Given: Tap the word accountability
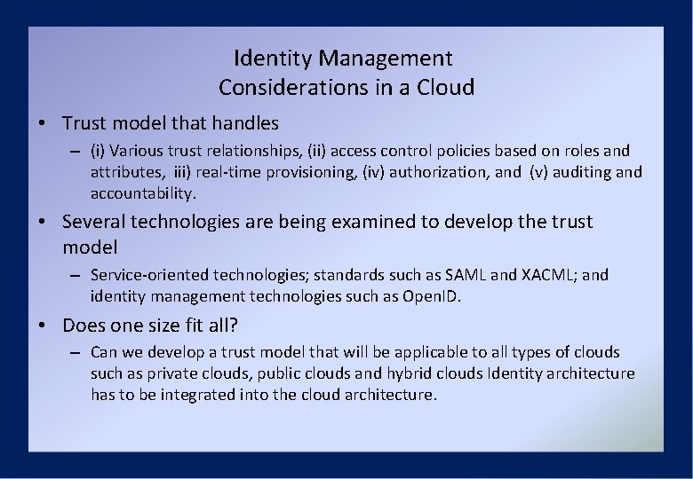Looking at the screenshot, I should tap(141, 192).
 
